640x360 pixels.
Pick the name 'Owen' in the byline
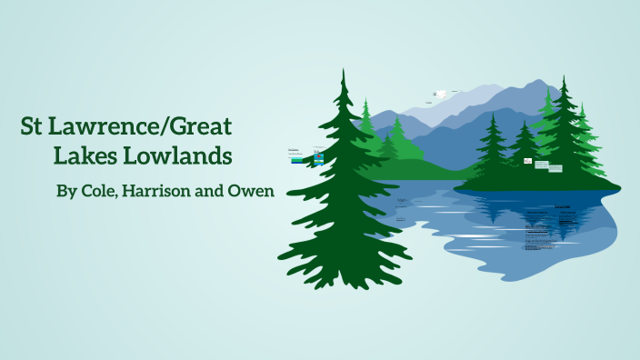tap(254, 192)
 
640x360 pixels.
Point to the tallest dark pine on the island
tap(566, 127)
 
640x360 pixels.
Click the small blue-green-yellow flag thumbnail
tap(319, 157)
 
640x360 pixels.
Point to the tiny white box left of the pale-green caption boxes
tap(526, 160)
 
